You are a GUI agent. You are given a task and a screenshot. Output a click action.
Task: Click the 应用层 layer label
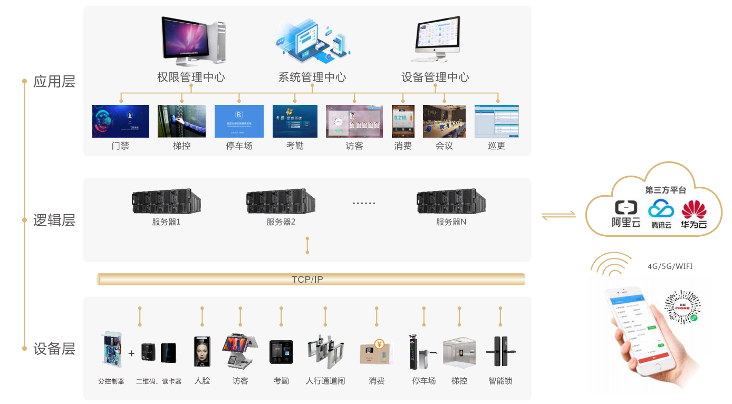tap(54, 82)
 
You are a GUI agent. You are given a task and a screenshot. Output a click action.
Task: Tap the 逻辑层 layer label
tap(54, 220)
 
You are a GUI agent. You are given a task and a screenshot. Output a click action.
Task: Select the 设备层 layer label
tap(54, 349)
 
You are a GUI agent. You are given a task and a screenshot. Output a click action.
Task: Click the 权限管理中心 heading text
tap(191, 78)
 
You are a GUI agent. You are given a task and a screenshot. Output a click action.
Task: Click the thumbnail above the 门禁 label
tap(121, 121)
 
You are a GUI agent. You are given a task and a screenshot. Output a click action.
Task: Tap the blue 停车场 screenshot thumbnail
tap(239, 121)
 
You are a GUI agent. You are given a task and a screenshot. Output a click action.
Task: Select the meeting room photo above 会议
tap(444, 121)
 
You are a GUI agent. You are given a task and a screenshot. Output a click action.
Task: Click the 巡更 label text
tap(496, 146)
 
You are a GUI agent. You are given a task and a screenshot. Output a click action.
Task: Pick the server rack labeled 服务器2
tap(281, 201)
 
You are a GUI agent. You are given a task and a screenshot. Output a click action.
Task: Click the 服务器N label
tap(451, 222)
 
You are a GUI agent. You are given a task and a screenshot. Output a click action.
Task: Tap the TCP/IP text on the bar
tap(307, 280)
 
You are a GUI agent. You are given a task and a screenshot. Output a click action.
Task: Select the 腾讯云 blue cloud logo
tap(661, 209)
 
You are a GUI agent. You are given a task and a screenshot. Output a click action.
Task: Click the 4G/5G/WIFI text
tap(670, 266)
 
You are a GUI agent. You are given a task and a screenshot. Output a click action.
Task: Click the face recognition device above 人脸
tap(202, 351)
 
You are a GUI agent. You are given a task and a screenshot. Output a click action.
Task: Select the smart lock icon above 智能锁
tap(499, 351)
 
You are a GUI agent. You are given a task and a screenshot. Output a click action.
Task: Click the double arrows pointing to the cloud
tap(558, 215)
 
